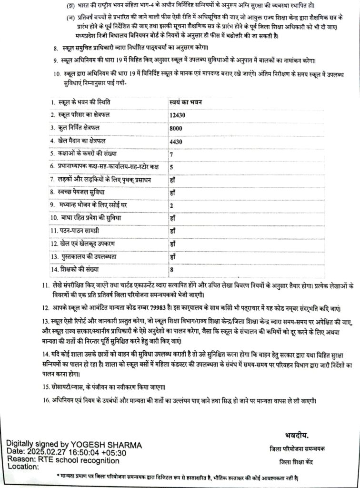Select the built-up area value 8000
pyautogui.click(x=176, y=128)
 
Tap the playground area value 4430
pyautogui.click(x=176, y=142)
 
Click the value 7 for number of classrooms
pyautogui.click(x=171, y=154)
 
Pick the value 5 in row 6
pyautogui.click(x=171, y=167)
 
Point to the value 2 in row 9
pyautogui.click(x=171, y=205)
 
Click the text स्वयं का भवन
pyautogui.click(x=186, y=102)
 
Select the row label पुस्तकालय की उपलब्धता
pyautogui.click(x=84, y=256)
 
